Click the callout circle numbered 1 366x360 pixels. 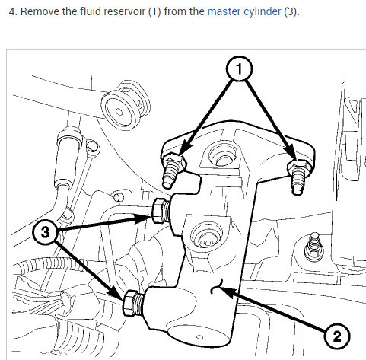click(x=239, y=68)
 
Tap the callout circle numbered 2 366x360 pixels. click(x=337, y=336)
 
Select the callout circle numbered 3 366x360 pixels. click(x=45, y=232)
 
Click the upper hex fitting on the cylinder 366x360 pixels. click(x=161, y=211)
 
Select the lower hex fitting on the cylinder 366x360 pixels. click(x=133, y=303)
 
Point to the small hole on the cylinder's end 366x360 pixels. click(x=199, y=337)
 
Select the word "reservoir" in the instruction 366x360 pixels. click(x=124, y=11)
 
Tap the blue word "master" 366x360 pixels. click(x=224, y=11)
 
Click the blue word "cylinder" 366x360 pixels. click(x=263, y=12)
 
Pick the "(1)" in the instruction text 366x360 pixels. click(x=154, y=11)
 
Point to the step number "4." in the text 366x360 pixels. click(x=13, y=11)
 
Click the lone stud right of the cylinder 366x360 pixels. click(x=314, y=247)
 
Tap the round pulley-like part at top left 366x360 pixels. click(x=125, y=105)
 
